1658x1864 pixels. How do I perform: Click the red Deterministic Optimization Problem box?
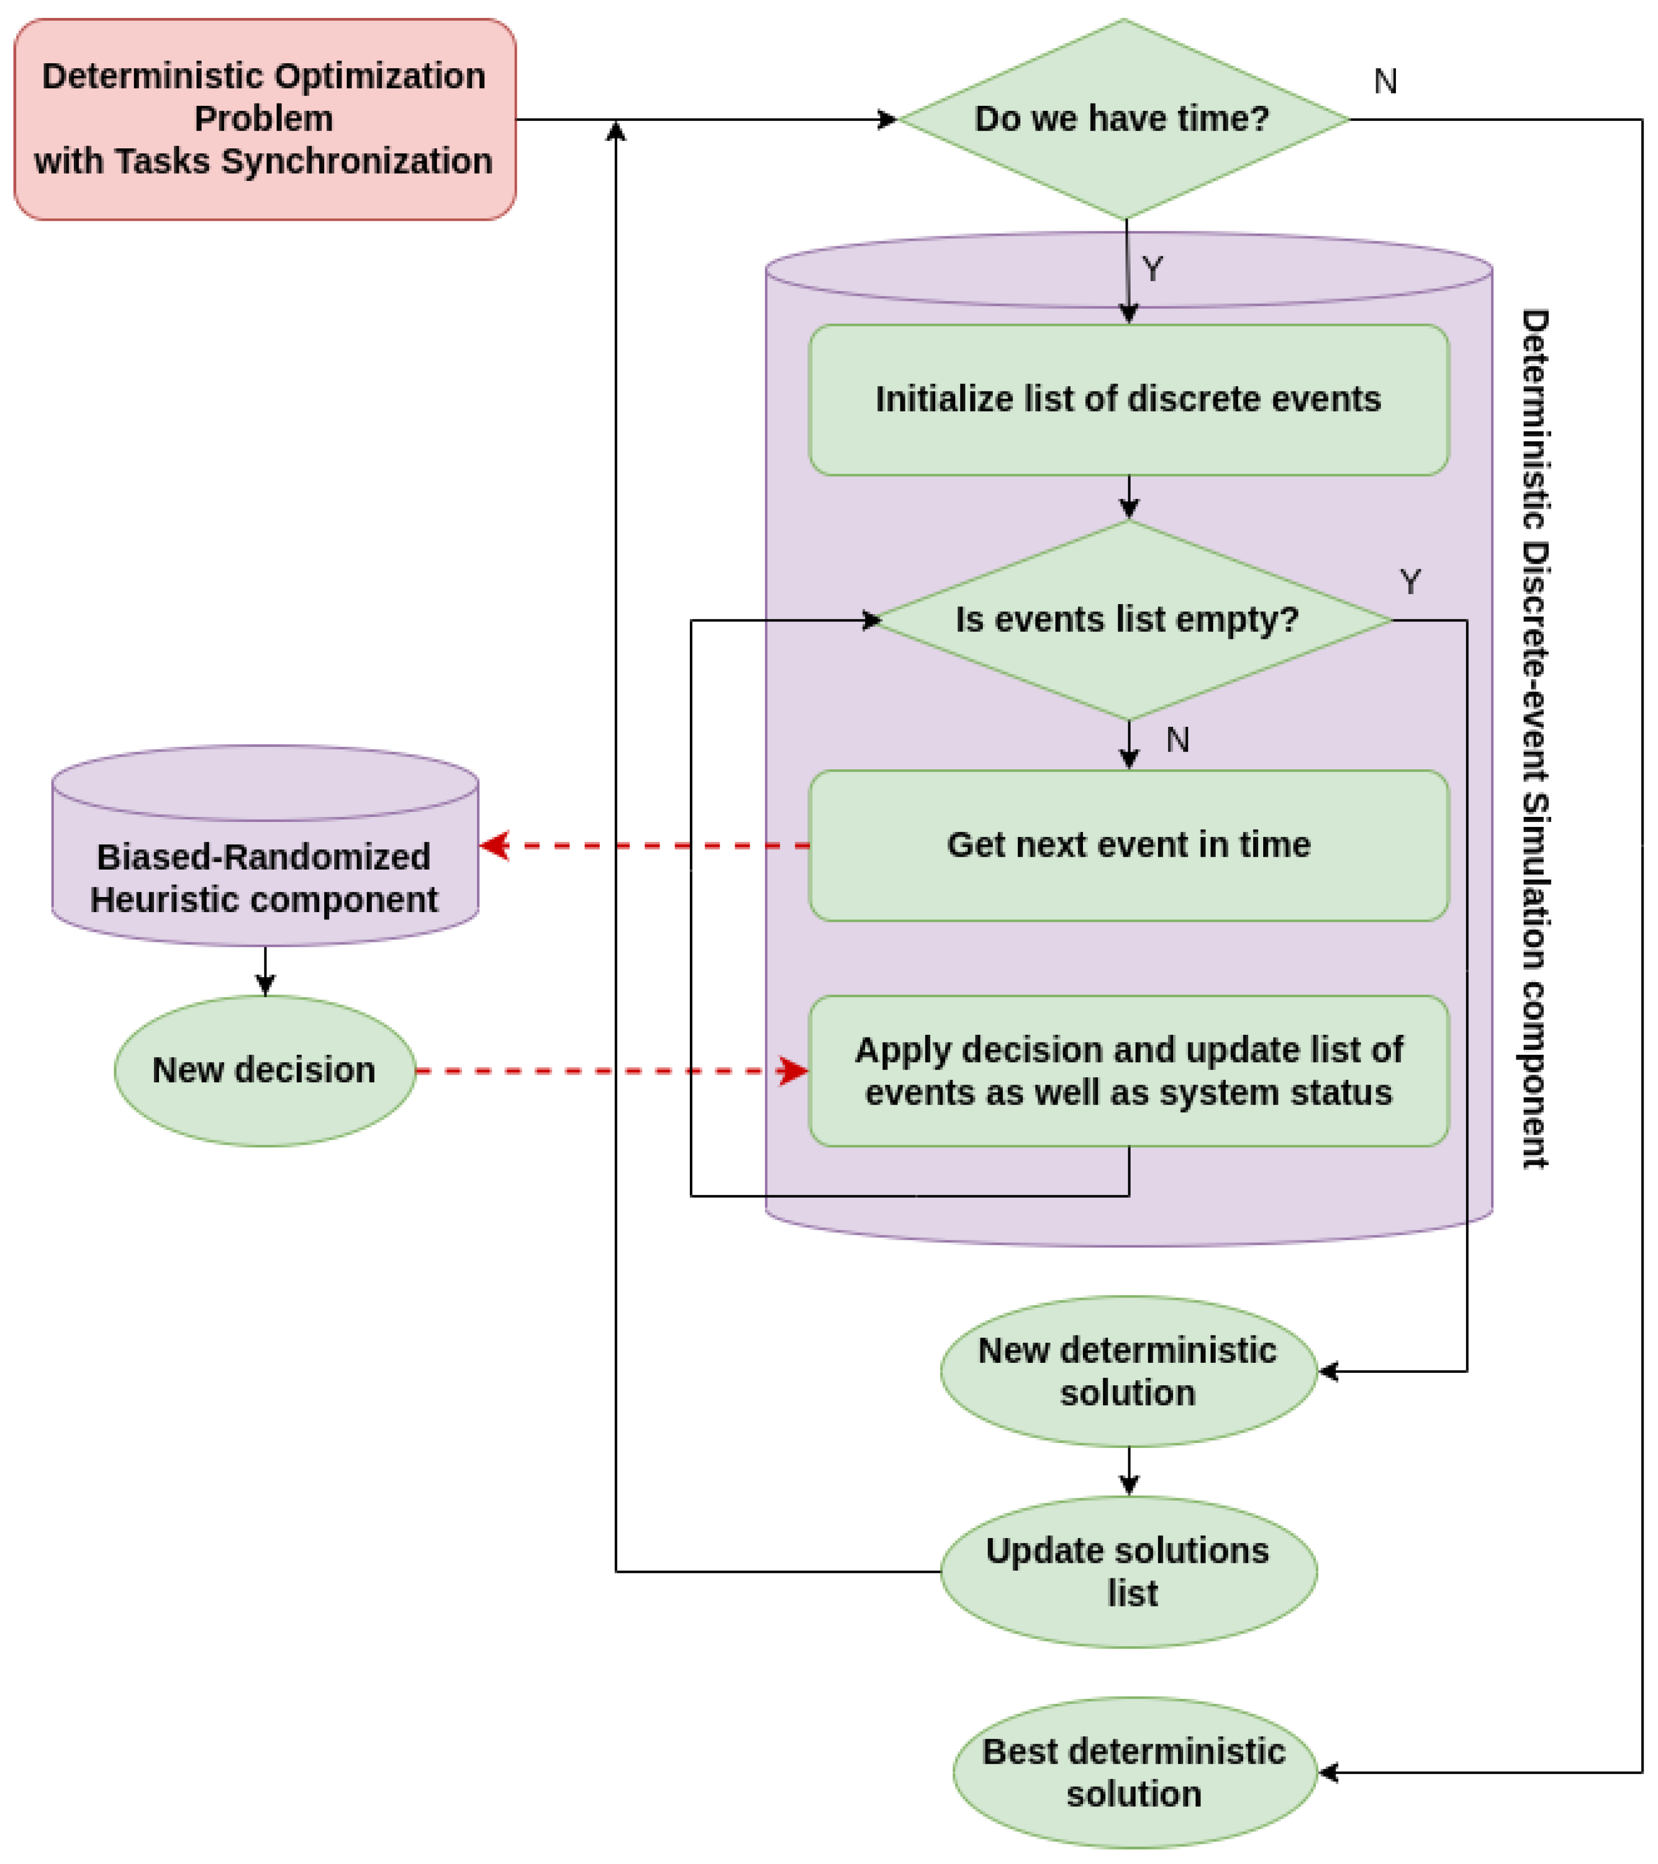pos(264,119)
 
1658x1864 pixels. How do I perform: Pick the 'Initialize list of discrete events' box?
pos(1128,399)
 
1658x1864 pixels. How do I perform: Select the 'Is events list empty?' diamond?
pos(1128,620)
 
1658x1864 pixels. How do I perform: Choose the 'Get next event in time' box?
pos(1128,845)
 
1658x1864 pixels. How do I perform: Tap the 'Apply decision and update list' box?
pos(1128,1071)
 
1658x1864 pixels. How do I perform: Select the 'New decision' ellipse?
pos(264,1071)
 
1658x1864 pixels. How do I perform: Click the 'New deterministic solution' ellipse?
pos(1128,1372)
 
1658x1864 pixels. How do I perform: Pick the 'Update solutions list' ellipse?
pos(1128,1572)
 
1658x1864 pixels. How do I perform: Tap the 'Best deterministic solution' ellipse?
pos(1134,1773)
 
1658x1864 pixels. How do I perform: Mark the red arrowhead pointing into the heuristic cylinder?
pos(494,845)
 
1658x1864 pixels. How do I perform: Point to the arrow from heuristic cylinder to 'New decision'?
pos(265,972)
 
